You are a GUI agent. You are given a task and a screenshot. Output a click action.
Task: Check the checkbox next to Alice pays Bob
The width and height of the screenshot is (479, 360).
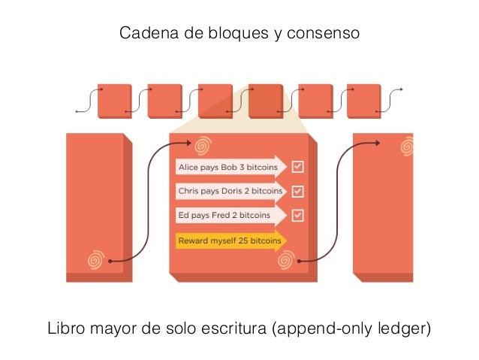pyautogui.click(x=298, y=166)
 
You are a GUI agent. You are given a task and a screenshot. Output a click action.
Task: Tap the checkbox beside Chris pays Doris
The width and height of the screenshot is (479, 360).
pyautogui.click(x=298, y=191)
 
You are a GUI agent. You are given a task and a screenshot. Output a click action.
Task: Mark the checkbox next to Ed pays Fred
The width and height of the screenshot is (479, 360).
pyautogui.click(x=298, y=216)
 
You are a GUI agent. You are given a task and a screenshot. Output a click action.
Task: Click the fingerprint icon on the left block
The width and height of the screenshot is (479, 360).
pyautogui.click(x=95, y=260)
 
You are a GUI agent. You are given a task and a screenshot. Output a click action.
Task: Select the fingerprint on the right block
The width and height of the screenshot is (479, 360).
pyautogui.click(x=407, y=146)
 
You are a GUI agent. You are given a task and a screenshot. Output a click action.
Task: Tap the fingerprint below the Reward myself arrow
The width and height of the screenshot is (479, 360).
pyautogui.click(x=285, y=260)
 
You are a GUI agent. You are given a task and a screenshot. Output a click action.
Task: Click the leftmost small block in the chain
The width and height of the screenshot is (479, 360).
pyautogui.click(x=115, y=101)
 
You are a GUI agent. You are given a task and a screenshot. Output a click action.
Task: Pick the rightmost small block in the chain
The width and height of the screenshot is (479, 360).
pyautogui.click(x=364, y=101)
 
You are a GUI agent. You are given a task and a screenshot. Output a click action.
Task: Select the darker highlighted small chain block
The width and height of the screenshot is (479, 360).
pyautogui.click(x=265, y=101)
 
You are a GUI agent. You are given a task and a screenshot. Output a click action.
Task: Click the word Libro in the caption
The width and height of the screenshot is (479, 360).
pyautogui.click(x=66, y=329)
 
